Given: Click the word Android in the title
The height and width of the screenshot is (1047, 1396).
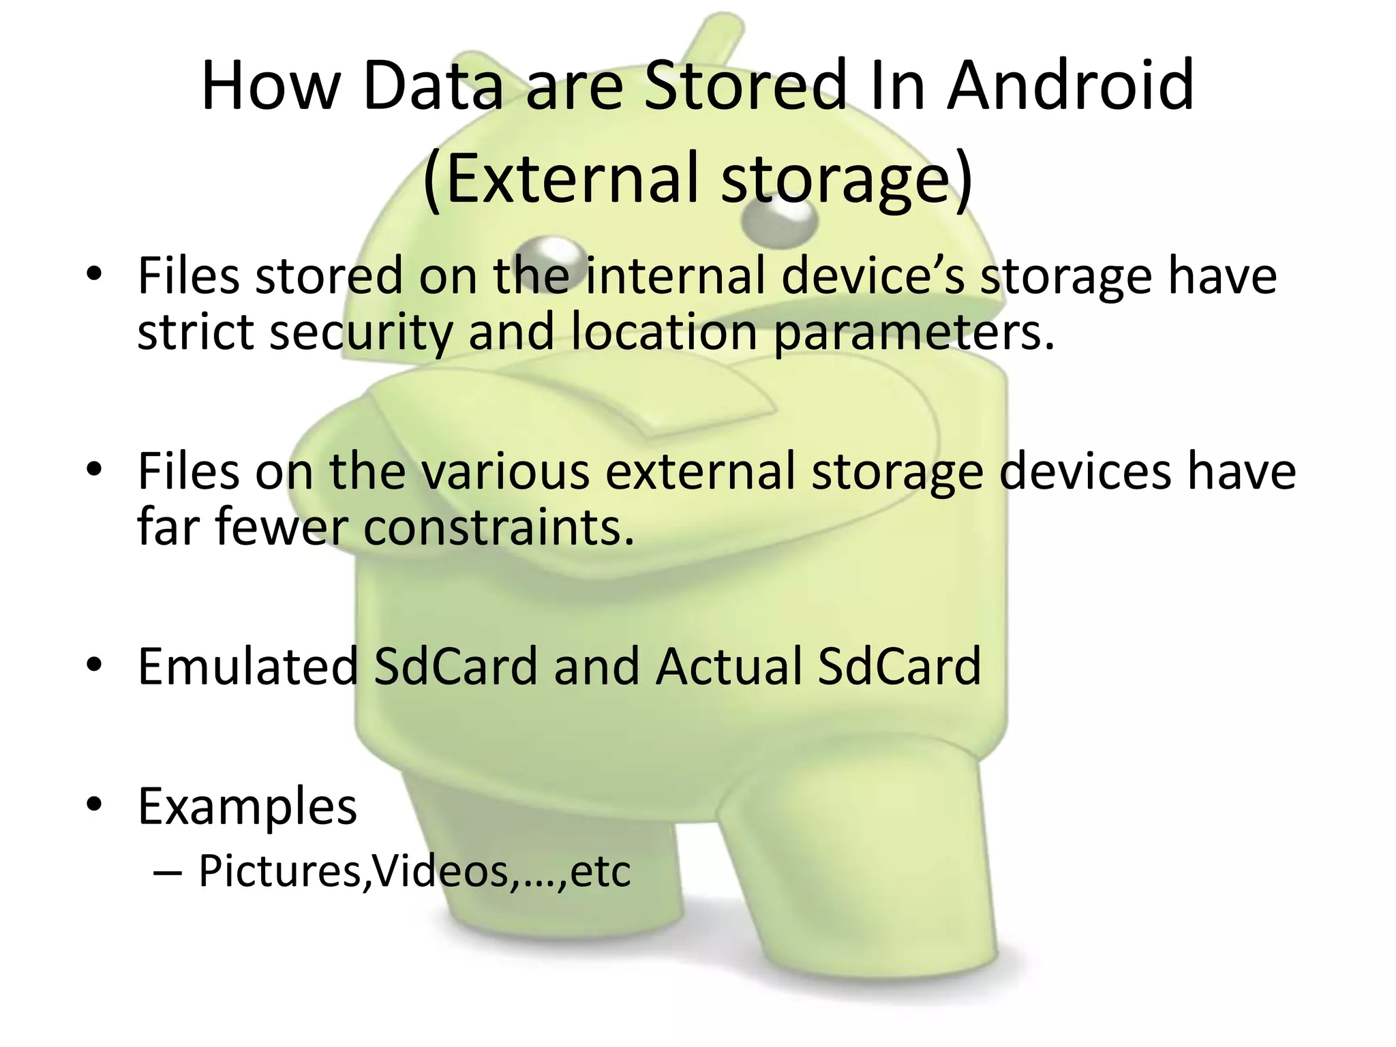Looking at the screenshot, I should point(1070,87).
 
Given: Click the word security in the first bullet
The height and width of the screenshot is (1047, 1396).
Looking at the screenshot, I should point(361,332).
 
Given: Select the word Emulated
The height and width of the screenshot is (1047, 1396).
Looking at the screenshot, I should point(247,666).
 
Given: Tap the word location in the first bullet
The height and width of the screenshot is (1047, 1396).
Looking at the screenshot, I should point(665,332).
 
